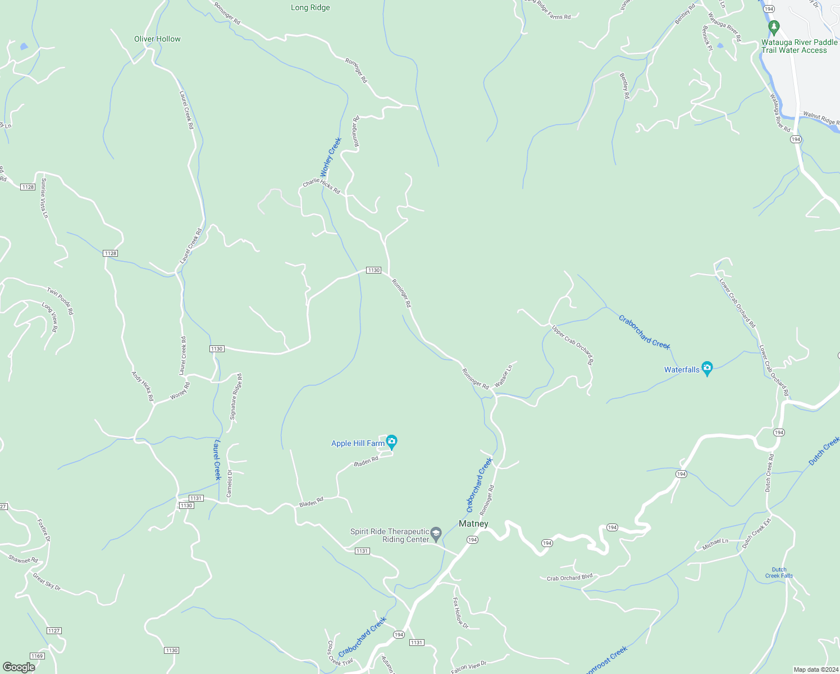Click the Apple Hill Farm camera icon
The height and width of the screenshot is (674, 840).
point(391,441)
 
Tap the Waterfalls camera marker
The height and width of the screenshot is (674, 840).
point(707,368)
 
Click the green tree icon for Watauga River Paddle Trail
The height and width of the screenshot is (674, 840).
point(774,27)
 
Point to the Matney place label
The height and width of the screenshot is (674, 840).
point(473,523)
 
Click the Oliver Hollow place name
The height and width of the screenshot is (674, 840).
point(157,39)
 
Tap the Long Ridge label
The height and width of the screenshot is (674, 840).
point(311,7)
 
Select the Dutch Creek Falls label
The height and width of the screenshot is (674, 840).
point(779,572)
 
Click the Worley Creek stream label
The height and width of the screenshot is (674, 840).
point(331,157)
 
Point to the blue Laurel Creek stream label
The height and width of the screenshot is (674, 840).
point(217,460)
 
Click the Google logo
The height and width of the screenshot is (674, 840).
point(19,667)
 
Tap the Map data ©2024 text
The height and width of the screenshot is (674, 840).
point(815,670)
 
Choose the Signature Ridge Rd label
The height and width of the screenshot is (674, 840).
point(236,397)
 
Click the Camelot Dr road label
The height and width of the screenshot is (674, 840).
point(229,483)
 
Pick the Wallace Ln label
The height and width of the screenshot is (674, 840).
point(503,376)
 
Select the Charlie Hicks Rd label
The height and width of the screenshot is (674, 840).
point(321,186)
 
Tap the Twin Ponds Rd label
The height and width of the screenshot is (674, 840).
point(60,300)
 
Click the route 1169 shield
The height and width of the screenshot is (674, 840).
point(36,656)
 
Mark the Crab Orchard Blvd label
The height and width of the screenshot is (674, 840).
point(569,577)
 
